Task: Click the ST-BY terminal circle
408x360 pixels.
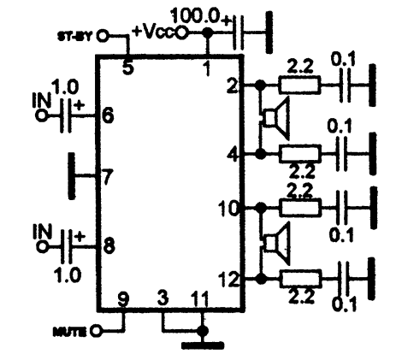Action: (x=103, y=36)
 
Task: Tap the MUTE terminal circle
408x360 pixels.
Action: (x=96, y=331)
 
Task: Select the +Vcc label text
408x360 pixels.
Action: (x=154, y=31)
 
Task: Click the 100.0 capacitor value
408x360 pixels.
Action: (x=195, y=16)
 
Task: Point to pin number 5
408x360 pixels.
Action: (x=128, y=68)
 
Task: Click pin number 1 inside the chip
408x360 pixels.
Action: (x=207, y=68)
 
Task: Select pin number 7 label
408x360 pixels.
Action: (x=108, y=177)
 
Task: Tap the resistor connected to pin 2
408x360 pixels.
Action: (x=299, y=85)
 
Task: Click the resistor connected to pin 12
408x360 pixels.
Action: (x=300, y=279)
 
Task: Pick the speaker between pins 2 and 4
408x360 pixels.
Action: (x=275, y=117)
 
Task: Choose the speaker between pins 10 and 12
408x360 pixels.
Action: (x=276, y=244)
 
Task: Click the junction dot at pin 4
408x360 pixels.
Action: (x=260, y=154)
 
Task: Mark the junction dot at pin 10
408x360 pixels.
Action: (x=261, y=208)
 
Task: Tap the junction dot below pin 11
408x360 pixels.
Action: (x=203, y=331)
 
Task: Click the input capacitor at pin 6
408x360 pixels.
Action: (x=66, y=115)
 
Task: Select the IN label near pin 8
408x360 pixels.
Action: (x=43, y=231)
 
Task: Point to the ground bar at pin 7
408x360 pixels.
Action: (x=72, y=176)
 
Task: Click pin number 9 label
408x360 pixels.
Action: (x=123, y=299)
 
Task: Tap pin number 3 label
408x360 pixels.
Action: (x=163, y=298)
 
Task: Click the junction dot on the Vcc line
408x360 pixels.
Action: (x=207, y=33)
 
